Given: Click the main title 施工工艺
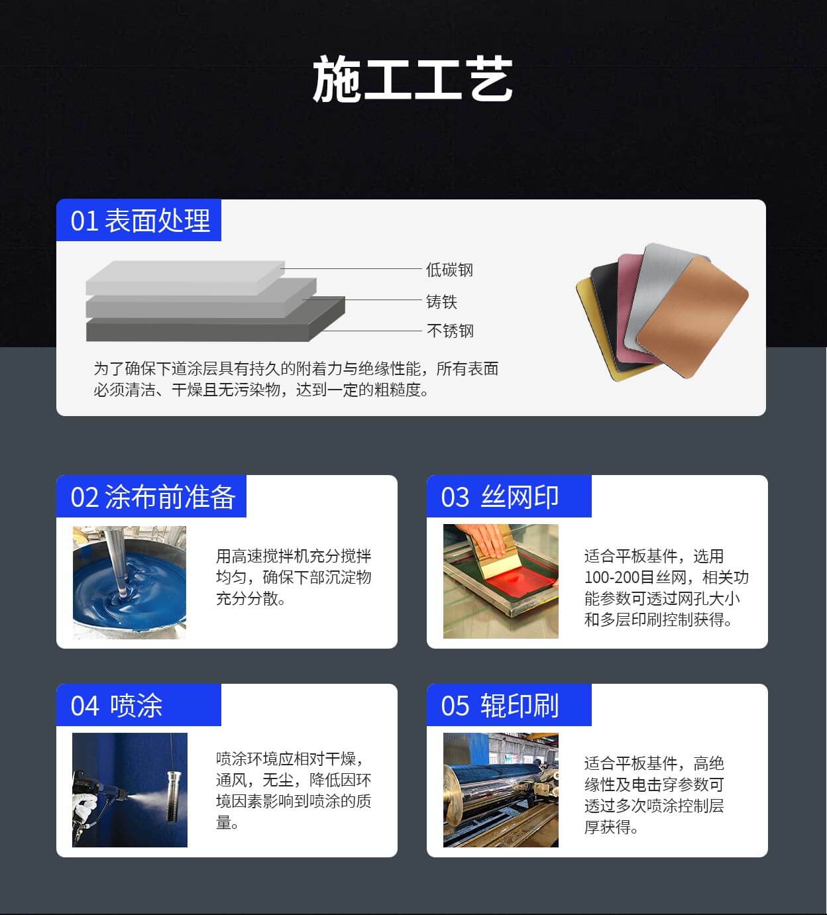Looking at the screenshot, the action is (413, 78).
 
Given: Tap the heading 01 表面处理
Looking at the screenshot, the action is (140, 221).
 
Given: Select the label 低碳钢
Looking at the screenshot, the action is (449, 270).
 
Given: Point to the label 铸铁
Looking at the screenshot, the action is (441, 301).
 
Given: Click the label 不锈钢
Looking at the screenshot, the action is (450, 331).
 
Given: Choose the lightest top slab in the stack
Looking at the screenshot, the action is (185, 278).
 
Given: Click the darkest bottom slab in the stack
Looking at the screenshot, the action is (215, 324).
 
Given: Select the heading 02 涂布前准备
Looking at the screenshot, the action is (152, 497).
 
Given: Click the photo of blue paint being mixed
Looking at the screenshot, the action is (129, 582).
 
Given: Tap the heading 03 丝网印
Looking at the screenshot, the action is (499, 497).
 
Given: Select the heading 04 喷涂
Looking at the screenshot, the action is (116, 706).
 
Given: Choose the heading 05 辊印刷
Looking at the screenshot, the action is (499, 706).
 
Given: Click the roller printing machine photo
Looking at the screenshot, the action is (501, 790).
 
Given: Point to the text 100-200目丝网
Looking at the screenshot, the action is (635, 578).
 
